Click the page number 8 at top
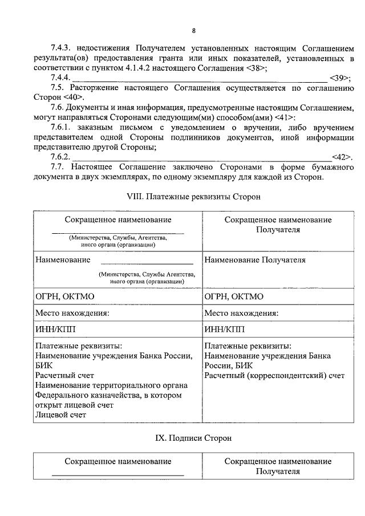coord(194,30)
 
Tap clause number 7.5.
coord(57,88)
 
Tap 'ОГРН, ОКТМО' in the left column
coord(64,296)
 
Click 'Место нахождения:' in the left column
coord(72,313)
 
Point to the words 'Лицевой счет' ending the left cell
coord(60,415)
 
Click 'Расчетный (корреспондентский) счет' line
coord(274,376)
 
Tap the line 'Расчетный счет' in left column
coord(64,376)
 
